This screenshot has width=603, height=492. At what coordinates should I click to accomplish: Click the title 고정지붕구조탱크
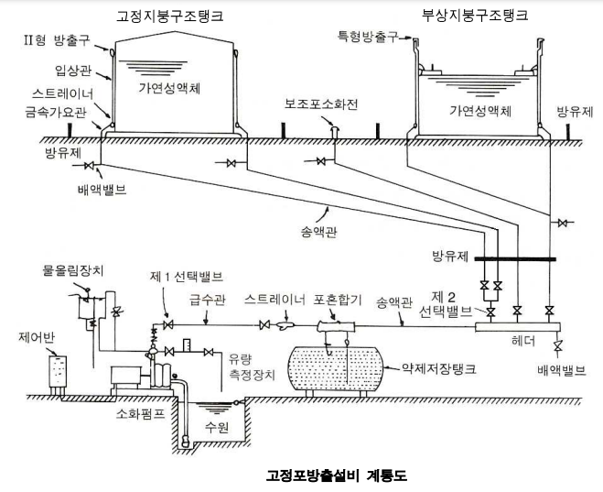169,17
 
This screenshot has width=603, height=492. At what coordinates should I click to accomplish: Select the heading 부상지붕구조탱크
475,16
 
